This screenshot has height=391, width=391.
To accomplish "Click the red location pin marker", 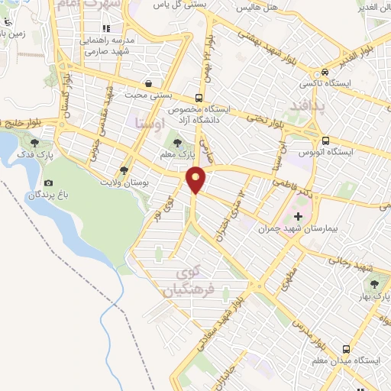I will [197, 179].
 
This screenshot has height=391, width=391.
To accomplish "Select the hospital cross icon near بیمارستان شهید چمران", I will [298, 217].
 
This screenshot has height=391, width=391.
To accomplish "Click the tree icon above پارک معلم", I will [178, 143].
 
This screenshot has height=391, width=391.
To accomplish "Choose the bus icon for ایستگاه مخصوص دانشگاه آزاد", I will [199, 98].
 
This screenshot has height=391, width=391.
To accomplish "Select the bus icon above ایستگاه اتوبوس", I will [326, 141].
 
